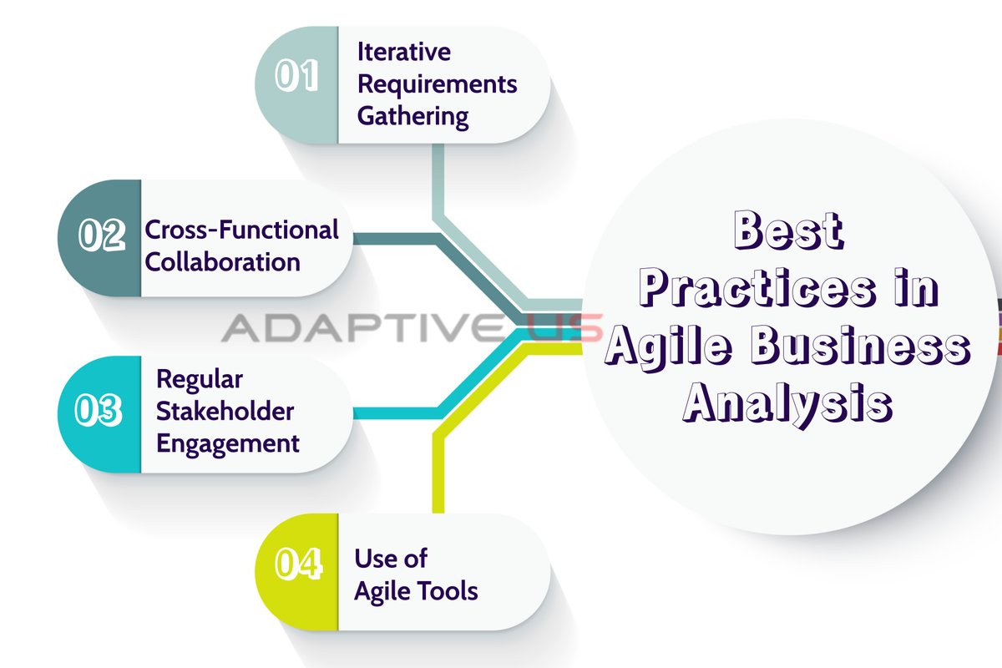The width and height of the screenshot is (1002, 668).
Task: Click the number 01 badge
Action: pyautogui.click(x=297, y=76)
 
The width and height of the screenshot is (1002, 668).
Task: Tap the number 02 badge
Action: pyautogui.click(x=101, y=235)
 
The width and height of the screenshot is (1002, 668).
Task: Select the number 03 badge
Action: pyautogui.click(x=99, y=412)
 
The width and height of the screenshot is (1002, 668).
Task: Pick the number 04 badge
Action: pyautogui.click(x=297, y=565)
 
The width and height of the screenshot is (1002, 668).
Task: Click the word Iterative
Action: pyautogui.click(x=404, y=52)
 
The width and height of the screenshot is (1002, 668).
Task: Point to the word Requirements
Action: pyautogui.click(x=437, y=83)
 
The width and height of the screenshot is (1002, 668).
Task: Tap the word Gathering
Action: pyautogui.click(x=412, y=116)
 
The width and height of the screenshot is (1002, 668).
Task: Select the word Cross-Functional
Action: pyautogui.click(x=242, y=230)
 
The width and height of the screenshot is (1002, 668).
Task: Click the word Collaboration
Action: pyautogui.click(x=223, y=261)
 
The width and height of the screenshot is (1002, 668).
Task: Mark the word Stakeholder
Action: pyautogui.click(x=225, y=411)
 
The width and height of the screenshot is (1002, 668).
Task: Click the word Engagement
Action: pyautogui.click(x=228, y=443)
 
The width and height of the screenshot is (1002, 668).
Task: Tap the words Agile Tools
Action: pyautogui.click(x=416, y=591)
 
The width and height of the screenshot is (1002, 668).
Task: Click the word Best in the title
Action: pyautogui.click(x=789, y=231)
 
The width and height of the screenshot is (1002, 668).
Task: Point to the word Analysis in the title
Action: pyautogui.click(x=789, y=404)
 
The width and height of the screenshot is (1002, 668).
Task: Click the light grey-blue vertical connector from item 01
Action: pyautogui.click(x=438, y=180)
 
